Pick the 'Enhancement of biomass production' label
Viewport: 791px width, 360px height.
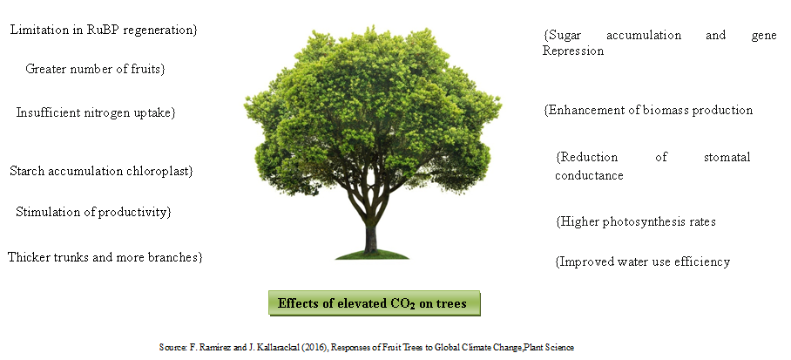(648, 110)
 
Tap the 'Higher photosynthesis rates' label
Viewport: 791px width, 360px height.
(636, 221)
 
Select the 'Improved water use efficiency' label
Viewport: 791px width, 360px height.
(643, 262)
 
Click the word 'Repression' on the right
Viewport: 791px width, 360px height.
(573, 51)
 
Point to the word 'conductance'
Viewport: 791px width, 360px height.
(589, 175)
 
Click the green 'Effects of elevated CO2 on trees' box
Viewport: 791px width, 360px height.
(375, 303)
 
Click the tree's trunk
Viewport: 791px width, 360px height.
(371, 237)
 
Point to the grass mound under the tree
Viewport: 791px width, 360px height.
(372, 255)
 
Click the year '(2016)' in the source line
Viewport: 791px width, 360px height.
(314, 348)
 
